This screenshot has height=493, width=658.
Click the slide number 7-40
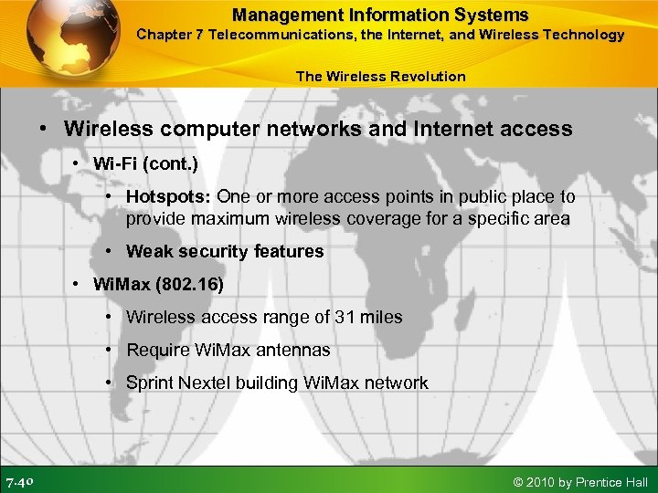[20, 481]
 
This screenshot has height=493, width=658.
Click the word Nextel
[206, 383]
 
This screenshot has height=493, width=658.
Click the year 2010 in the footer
[542, 481]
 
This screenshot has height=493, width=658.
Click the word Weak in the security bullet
[147, 251]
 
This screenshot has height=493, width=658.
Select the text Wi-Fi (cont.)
[145, 163]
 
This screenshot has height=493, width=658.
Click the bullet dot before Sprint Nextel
[109, 383]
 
